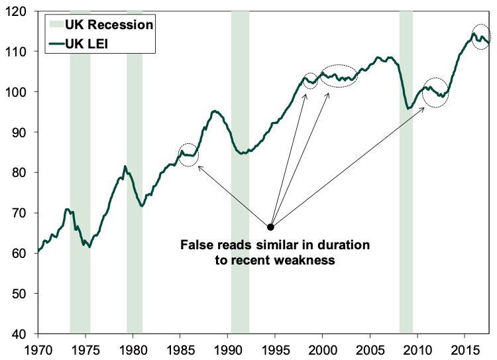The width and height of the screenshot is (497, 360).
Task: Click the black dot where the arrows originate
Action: pyautogui.click(x=270, y=227)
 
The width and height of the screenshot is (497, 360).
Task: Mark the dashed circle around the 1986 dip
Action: pyautogui.click(x=189, y=154)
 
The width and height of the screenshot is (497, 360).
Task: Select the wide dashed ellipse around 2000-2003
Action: pyautogui.click(x=338, y=76)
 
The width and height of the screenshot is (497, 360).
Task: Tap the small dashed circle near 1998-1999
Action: pyautogui.click(x=310, y=80)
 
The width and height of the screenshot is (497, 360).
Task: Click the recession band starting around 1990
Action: pyautogui.click(x=240, y=172)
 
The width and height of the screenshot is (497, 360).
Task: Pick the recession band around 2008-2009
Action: pyautogui.click(x=406, y=172)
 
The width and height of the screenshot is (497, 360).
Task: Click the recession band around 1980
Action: pyautogui.click(x=135, y=172)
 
